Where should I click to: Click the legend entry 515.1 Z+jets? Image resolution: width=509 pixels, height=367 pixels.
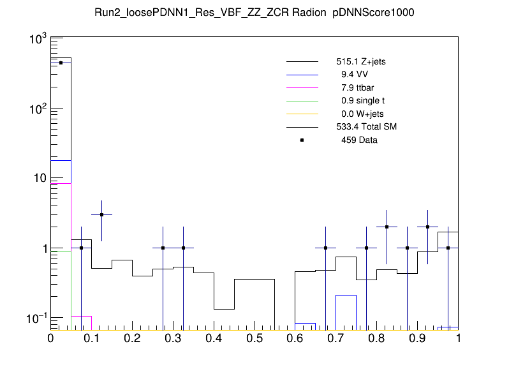[x=360, y=63]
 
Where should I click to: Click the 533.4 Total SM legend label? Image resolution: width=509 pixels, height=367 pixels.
[x=366, y=127]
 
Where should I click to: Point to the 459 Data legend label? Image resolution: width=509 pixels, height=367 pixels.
[x=359, y=140]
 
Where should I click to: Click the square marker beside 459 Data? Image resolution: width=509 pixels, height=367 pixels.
[x=302, y=140]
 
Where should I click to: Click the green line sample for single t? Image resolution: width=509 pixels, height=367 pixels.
[x=302, y=101]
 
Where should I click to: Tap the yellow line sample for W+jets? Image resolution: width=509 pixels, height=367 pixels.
[x=302, y=114]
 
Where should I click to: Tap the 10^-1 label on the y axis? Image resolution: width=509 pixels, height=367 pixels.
[x=35, y=318]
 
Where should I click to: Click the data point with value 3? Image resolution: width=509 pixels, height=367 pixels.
[x=101, y=214]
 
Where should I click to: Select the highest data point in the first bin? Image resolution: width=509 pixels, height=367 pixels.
[x=61, y=63]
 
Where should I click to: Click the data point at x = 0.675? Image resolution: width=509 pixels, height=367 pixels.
[x=326, y=248]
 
